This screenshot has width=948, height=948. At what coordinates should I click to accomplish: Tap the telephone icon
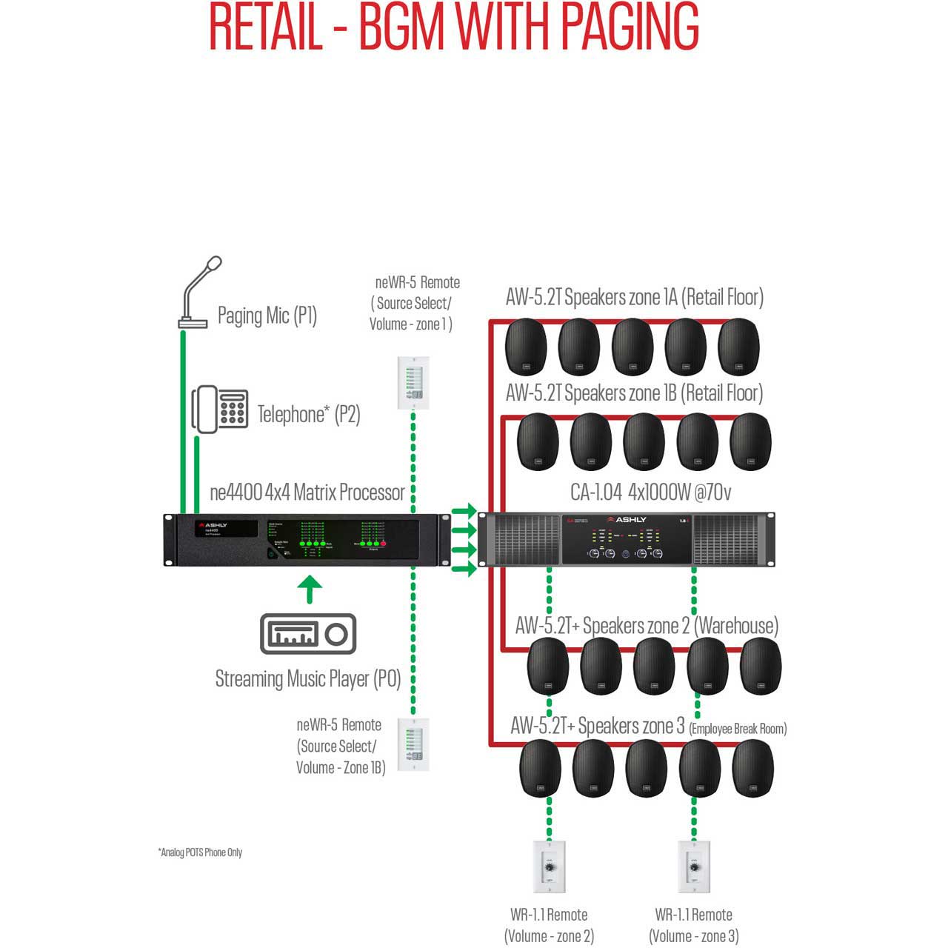pyautogui.click(x=220, y=409)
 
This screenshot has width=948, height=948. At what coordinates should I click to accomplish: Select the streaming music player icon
pyautogui.click(x=308, y=634)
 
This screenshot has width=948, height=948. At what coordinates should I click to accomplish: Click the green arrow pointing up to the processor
pyautogui.click(x=310, y=590)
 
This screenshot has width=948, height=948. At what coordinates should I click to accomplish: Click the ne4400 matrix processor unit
pyautogui.click(x=307, y=540)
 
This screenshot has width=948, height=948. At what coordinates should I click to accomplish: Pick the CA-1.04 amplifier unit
pyautogui.click(x=627, y=539)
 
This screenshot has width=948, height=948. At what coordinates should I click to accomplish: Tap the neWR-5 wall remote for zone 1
pyautogui.click(x=413, y=383)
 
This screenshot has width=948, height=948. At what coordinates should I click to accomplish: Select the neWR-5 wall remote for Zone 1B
pyautogui.click(x=413, y=744)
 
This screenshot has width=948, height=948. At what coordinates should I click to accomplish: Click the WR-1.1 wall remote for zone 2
pyautogui.click(x=549, y=866)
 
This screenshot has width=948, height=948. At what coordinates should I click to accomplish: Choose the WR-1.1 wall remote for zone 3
pyautogui.click(x=694, y=866)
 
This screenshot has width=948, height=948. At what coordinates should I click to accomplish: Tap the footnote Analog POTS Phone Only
pyautogui.click(x=200, y=852)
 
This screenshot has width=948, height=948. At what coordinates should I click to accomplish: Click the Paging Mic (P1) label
pyautogui.click(x=267, y=316)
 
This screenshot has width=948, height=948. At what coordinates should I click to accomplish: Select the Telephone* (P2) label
pyautogui.click(x=309, y=414)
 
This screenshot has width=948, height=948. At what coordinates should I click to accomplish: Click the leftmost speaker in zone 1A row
pyautogui.click(x=526, y=347)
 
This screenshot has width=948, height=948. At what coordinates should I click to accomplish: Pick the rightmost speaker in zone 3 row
pyautogui.click(x=752, y=768)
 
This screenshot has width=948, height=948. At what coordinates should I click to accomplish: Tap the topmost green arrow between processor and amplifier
pyautogui.click(x=464, y=511)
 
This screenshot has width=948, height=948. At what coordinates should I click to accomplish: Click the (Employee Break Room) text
pyautogui.click(x=738, y=729)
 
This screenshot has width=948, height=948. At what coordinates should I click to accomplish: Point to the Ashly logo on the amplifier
pyautogui.click(x=627, y=520)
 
